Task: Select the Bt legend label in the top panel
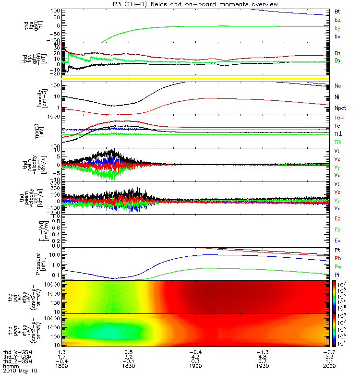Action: [337, 11]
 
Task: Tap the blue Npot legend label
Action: [340, 108]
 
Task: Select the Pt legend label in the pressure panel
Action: [337, 252]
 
